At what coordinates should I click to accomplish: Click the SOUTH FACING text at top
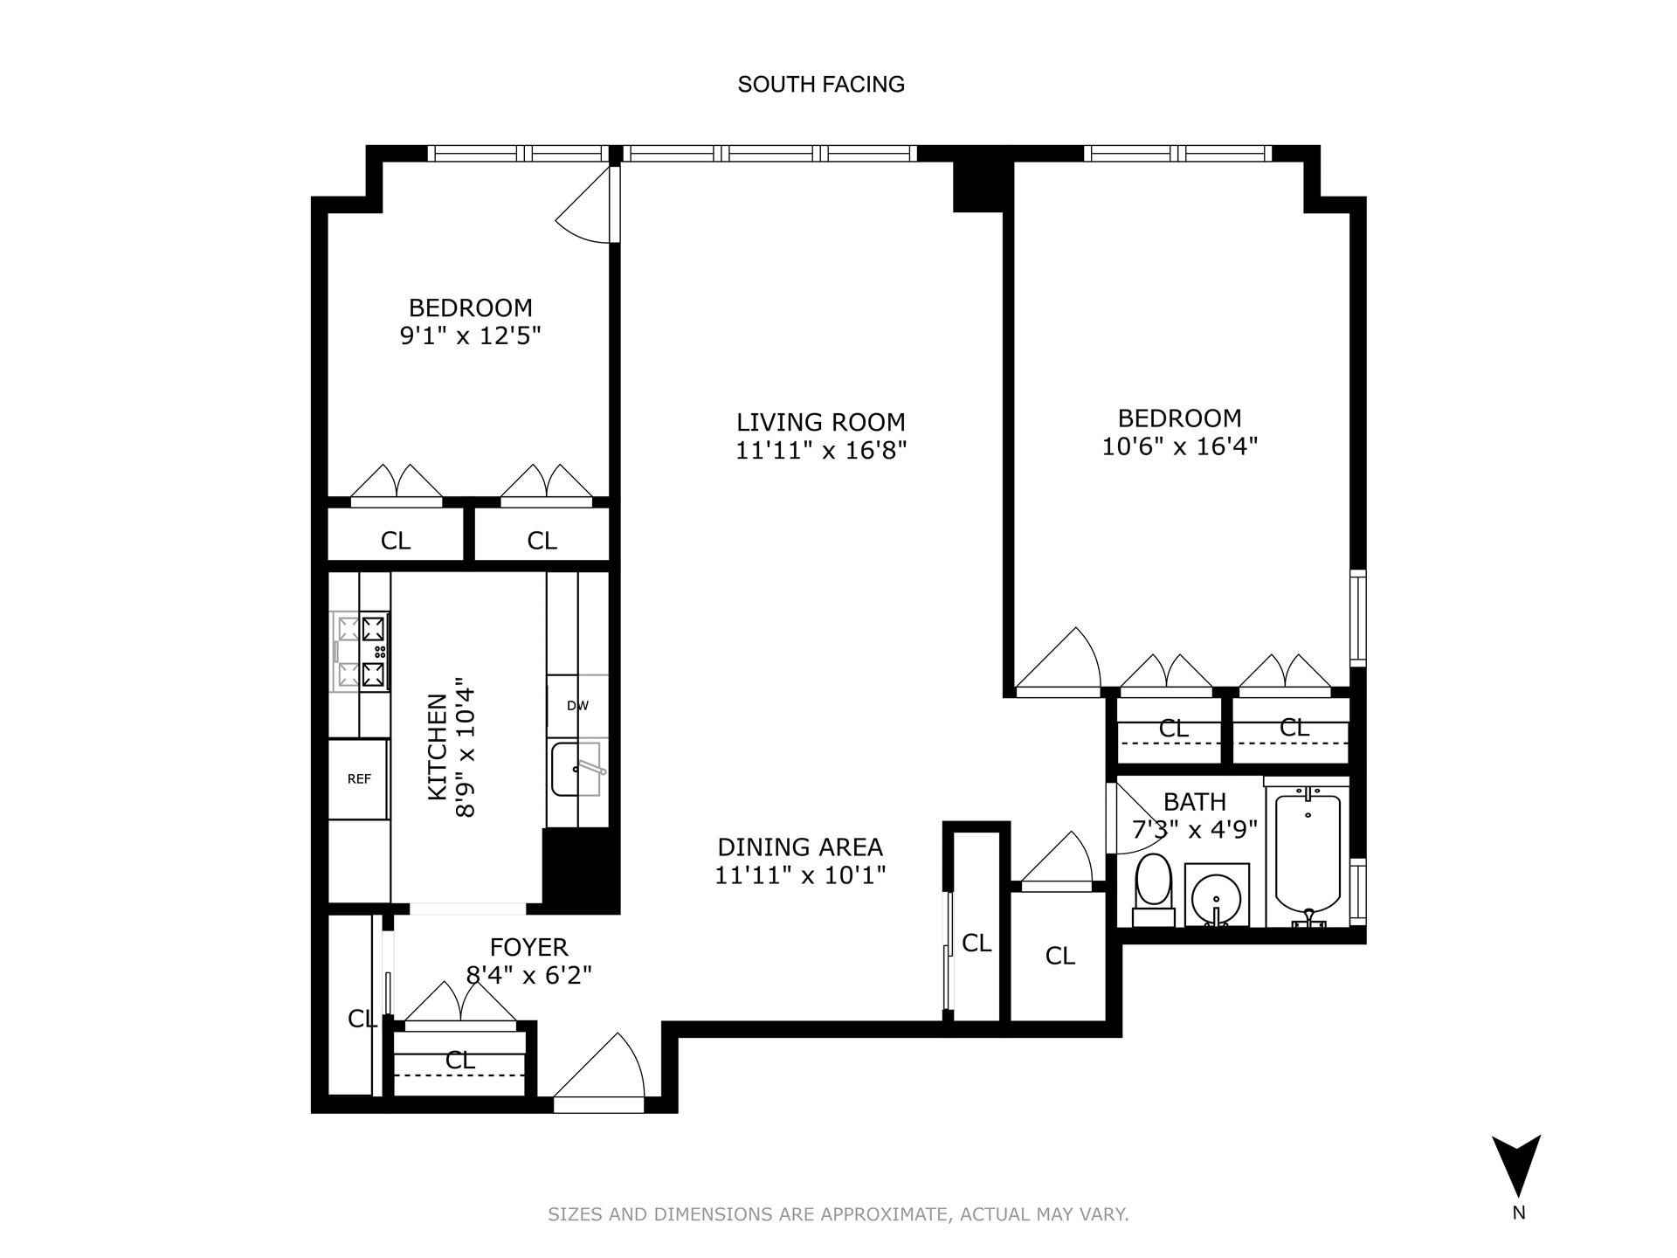[821, 85]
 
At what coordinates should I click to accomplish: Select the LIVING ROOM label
[821, 423]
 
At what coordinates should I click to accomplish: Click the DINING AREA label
[800, 847]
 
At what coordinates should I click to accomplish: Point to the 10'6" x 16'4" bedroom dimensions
[1179, 447]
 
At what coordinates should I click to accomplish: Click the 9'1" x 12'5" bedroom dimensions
[471, 336]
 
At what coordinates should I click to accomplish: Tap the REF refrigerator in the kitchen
[359, 779]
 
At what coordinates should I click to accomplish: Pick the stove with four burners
[361, 652]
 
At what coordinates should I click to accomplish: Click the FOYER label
[528, 947]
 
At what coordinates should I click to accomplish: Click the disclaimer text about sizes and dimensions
[838, 1214]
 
